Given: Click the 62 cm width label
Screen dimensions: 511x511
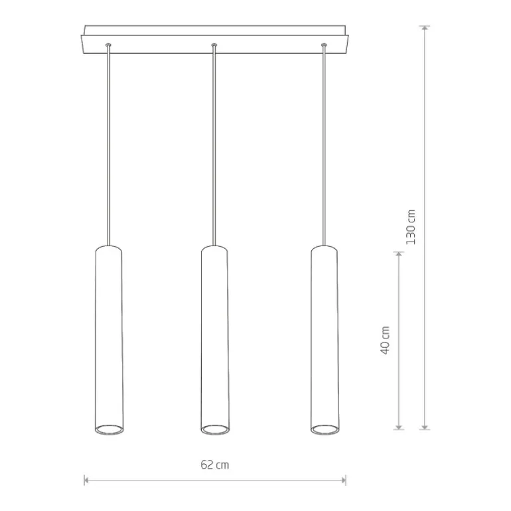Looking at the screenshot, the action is coord(215,465).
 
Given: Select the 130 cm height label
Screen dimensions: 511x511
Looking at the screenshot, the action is coord(411,227).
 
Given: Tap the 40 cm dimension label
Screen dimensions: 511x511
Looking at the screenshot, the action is coord(385,340).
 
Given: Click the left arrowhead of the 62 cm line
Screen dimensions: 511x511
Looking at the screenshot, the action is coord(87,480).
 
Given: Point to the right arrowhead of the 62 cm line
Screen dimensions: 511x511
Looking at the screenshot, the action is coord(343,480).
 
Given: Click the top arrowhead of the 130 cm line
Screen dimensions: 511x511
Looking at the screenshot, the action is coord(424,29).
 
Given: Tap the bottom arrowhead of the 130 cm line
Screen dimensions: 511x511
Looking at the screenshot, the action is coord(424,427).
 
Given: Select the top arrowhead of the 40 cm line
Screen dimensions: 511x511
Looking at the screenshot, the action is coord(398,255).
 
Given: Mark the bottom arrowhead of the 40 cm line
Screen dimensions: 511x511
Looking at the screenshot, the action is coord(398,427).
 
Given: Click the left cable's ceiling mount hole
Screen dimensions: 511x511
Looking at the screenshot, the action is coord(108,44).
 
